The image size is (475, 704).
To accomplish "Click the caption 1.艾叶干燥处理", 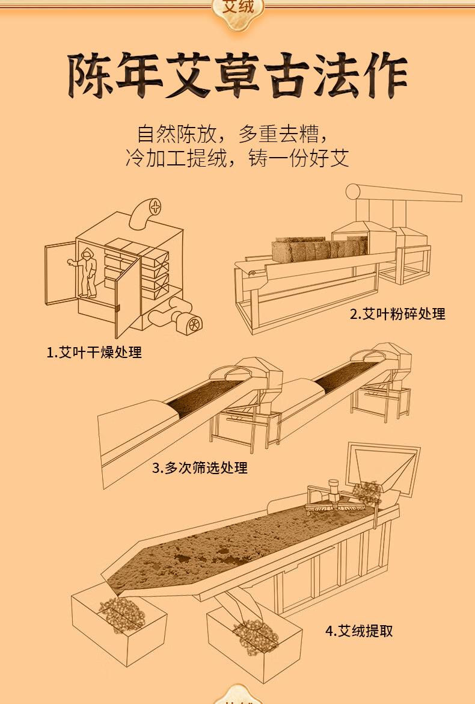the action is (94, 353).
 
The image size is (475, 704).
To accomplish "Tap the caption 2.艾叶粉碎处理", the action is (397, 313).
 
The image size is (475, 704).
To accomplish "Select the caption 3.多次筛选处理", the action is (200, 468).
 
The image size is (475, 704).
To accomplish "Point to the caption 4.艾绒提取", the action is (359, 631).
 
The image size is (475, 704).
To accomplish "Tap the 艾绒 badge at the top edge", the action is (238, 8).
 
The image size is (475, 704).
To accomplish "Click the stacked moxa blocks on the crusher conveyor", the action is (319, 247).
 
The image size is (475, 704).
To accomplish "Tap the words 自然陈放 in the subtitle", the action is (172, 133).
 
